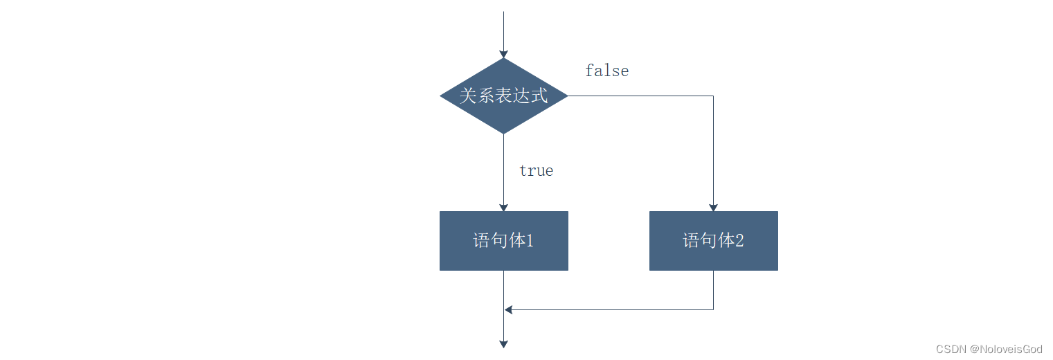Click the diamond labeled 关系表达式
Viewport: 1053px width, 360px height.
click(x=504, y=96)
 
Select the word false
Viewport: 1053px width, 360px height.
click(x=606, y=71)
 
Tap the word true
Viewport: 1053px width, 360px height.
click(x=536, y=170)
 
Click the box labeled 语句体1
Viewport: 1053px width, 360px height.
click(x=504, y=241)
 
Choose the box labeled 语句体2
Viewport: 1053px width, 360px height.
click(x=713, y=241)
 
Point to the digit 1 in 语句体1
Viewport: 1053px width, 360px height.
click(x=529, y=241)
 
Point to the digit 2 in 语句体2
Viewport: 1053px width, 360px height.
click(x=739, y=241)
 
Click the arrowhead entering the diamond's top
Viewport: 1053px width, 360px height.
click(x=504, y=54)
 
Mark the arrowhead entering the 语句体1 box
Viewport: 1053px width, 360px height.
click(x=504, y=208)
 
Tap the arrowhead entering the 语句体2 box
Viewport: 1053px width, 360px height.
click(x=713, y=208)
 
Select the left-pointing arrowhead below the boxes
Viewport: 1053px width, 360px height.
click(x=509, y=309)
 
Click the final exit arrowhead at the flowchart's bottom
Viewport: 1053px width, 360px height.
click(x=504, y=344)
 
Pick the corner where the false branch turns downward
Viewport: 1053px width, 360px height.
click(x=713, y=96)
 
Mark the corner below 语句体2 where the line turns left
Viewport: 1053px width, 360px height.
click(x=713, y=309)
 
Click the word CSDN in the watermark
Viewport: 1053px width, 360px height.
click(x=951, y=349)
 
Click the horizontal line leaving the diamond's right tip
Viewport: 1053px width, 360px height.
click(x=637, y=96)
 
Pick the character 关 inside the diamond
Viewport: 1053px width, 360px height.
click(x=468, y=96)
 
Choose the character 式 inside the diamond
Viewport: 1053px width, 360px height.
click(x=540, y=96)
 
